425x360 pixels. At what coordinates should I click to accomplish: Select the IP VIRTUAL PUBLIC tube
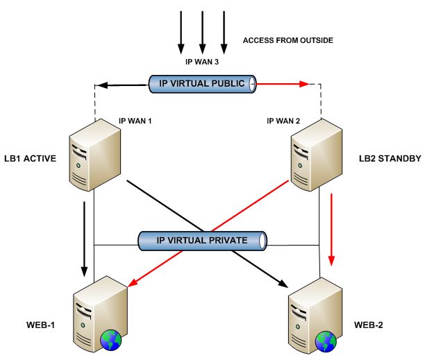tap(201, 84)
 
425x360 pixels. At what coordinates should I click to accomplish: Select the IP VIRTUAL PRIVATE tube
tap(201, 241)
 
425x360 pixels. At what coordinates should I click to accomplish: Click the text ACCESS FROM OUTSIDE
tap(288, 41)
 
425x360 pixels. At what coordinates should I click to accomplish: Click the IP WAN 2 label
tap(283, 121)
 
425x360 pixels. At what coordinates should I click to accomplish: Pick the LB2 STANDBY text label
tap(390, 159)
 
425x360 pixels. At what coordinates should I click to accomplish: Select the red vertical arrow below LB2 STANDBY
tap(331, 230)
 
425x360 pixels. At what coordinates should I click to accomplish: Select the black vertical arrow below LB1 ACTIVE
tap(85, 236)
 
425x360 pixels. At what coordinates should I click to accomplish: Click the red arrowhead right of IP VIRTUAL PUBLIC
tap(303, 84)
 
